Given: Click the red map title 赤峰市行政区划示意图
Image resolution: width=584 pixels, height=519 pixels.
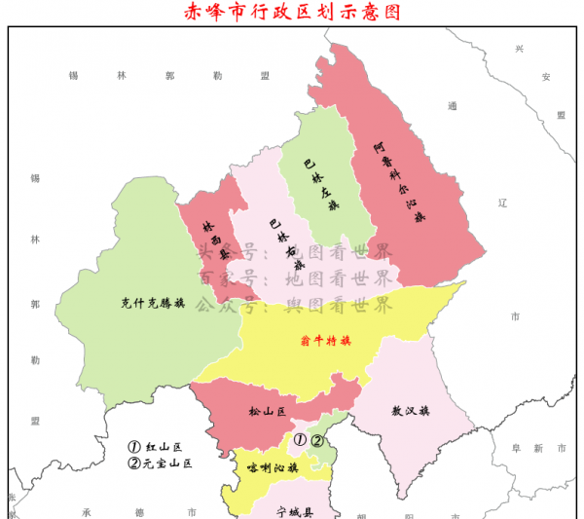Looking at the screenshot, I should click(292, 12).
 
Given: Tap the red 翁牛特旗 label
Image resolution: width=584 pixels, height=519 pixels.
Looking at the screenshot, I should click(325, 341).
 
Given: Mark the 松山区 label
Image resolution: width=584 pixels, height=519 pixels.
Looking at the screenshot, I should click(267, 412).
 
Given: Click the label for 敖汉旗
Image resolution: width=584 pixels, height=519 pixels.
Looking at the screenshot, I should click(410, 410).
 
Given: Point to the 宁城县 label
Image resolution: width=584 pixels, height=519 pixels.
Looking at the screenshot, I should click(295, 510).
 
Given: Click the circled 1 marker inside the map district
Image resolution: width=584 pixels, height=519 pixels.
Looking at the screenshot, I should click(300, 440).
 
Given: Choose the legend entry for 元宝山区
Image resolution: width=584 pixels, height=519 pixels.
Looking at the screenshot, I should click(161, 463).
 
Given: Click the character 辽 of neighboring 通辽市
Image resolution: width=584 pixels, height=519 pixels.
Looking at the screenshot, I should click(503, 204).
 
